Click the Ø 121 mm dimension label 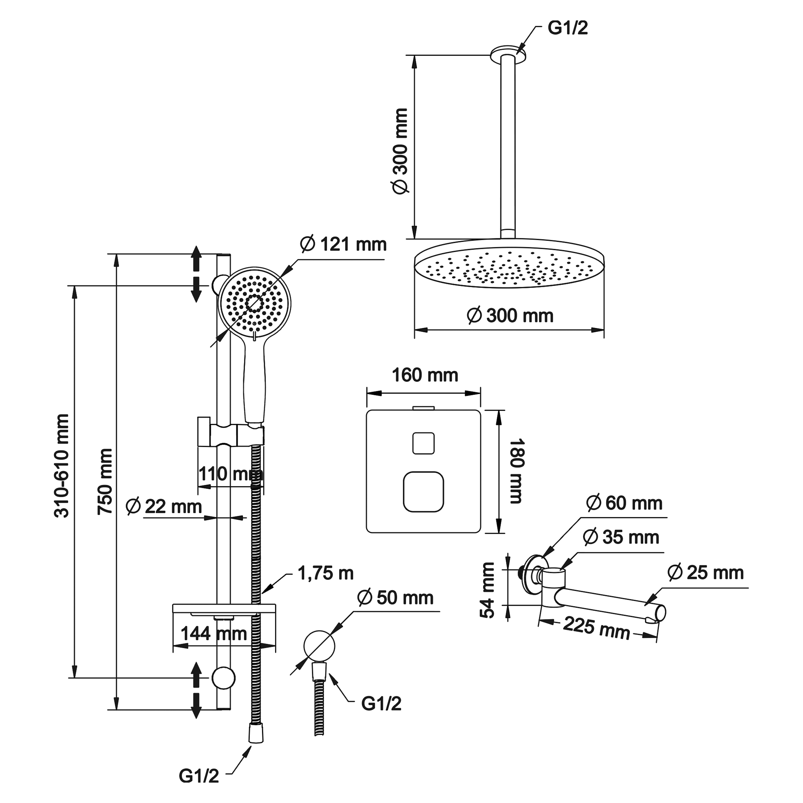coord(343,244)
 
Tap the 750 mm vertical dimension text coord(105,482)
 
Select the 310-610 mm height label coord(62,465)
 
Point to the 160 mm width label coord(425,375)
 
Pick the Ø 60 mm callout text coord(624,503)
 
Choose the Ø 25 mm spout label coord(705,573)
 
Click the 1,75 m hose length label coord(325,574)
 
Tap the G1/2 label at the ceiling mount coord(568,28)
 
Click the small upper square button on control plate coord(424,443)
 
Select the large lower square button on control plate coord(424,492)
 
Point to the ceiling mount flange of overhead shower coord(508,53)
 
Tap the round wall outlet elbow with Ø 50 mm coord(319,646)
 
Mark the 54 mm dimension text coord(488,590)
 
